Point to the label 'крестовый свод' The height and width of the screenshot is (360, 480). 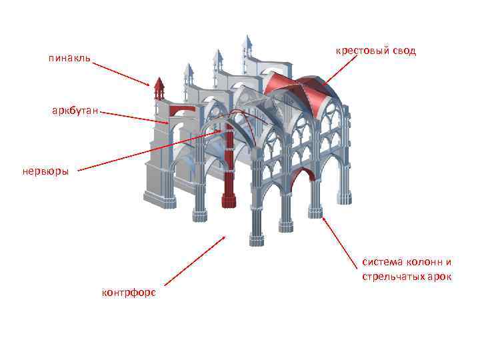click(375, 51)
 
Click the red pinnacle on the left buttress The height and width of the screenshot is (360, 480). click(159, 88)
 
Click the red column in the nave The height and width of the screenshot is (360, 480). click(229, 160)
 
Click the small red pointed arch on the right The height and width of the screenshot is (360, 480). click(303, 176)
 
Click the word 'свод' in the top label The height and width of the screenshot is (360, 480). click(403, 51)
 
